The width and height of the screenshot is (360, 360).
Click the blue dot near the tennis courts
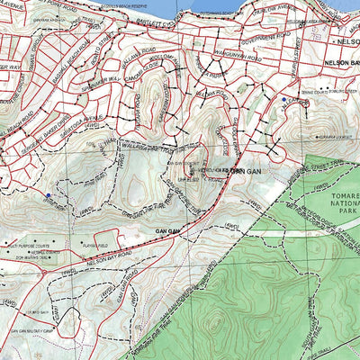(284, 99)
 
